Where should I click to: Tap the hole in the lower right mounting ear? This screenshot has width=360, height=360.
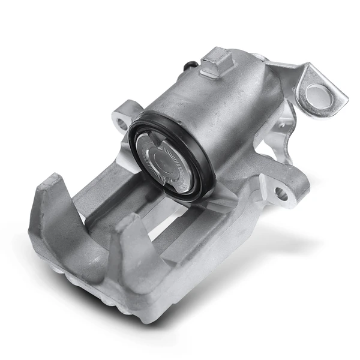tap(280, 193)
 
